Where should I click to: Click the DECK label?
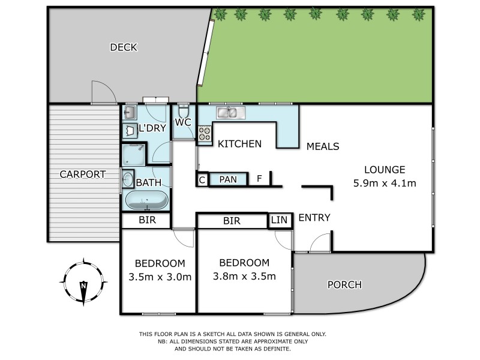[124, 47]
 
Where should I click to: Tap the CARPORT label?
[82, 175]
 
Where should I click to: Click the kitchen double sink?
[230, 112]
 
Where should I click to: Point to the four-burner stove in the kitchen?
[205, 133]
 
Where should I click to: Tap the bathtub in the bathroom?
[147, 199]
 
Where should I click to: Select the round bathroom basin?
[128, 178]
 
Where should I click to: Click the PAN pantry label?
[227, 179]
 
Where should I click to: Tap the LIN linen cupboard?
[279, 220]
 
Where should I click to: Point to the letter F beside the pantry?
[259, 179]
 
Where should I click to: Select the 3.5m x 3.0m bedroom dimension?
[160, 277]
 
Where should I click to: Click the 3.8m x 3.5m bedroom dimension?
[244, 277]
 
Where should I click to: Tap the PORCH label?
[345, 285]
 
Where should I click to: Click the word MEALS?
[323, 146]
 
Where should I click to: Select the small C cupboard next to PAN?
[202, 179]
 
